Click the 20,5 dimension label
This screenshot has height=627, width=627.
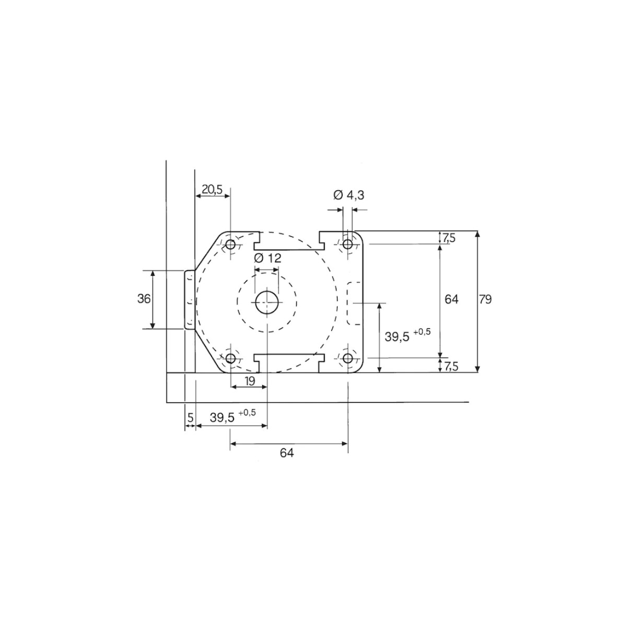212,189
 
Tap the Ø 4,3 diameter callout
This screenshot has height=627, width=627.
349,195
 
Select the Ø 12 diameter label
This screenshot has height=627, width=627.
268,258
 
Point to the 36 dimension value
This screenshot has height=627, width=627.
144,299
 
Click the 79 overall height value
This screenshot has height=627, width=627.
485,299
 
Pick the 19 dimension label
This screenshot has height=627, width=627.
250,381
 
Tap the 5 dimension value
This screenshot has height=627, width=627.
191,417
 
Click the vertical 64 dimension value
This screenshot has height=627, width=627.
451,299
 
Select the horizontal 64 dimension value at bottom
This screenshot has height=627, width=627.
287,452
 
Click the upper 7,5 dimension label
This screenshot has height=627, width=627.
449,238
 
